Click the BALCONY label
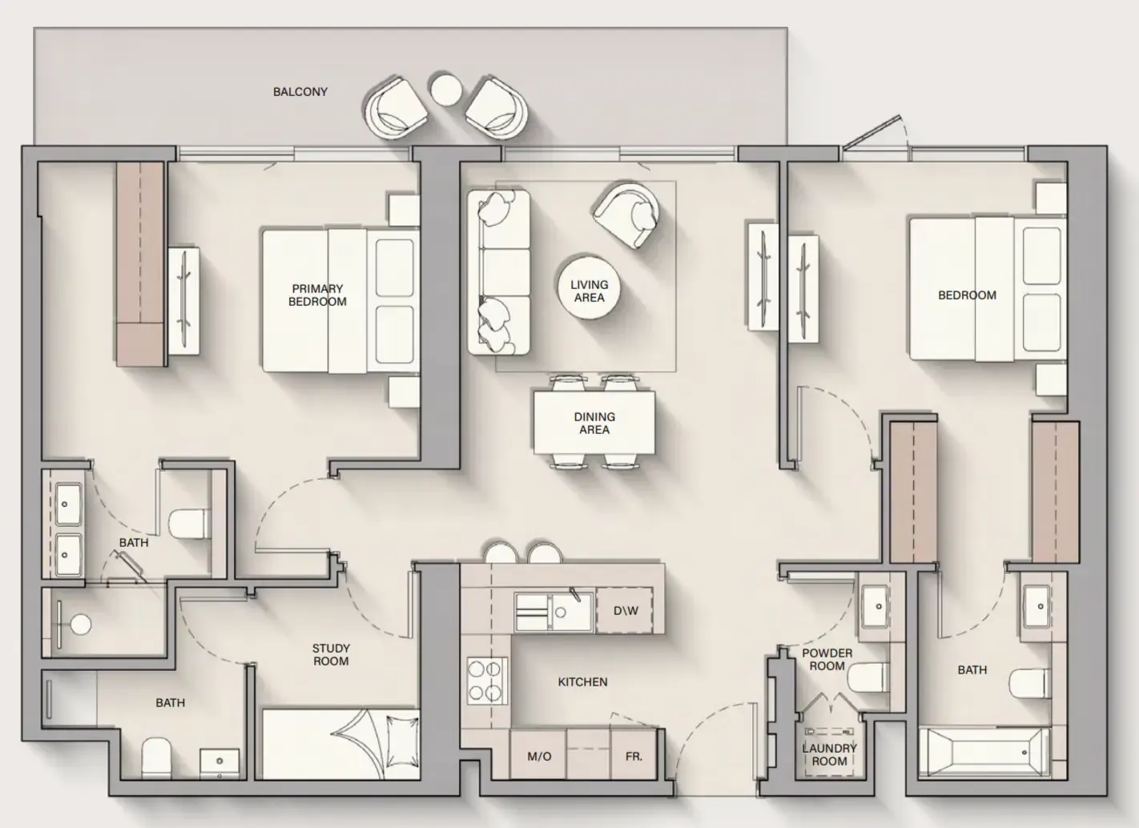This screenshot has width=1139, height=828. click(x=300, y=92)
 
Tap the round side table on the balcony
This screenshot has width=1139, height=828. click(x=446, y=90)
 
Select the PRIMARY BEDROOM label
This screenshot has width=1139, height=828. click(x=317, y=295)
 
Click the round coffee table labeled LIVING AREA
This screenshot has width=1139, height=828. click(x=589, y=287)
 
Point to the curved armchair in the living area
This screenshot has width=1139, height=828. click(x=626, y=215)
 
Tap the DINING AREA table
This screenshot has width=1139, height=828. click(x=594, y=422)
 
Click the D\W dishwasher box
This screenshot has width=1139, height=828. click(x=625, y=610)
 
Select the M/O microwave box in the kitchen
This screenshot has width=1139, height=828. click(x=538, y=756)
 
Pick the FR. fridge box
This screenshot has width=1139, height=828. click(x=634, y=756)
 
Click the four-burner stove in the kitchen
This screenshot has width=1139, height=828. click(x=487, y=681)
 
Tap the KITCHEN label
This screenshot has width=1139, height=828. click(x=583, y=682)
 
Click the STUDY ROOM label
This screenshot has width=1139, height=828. click(x=331, y=655)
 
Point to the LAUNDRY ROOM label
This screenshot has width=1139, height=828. click(x=829, y=755)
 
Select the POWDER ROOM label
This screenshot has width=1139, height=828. click(x=827, y=659)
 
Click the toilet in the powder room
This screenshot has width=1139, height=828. click(x=868, y=677)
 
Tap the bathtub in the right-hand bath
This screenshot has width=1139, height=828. click(x=984, y=753)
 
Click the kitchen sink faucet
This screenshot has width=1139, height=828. click(x=575, y=593)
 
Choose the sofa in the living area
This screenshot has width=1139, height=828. click(x=499, y=272)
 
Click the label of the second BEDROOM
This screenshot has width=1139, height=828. click(x=967, y=295)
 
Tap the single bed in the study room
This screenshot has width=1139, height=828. click(x=340, y=744)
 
